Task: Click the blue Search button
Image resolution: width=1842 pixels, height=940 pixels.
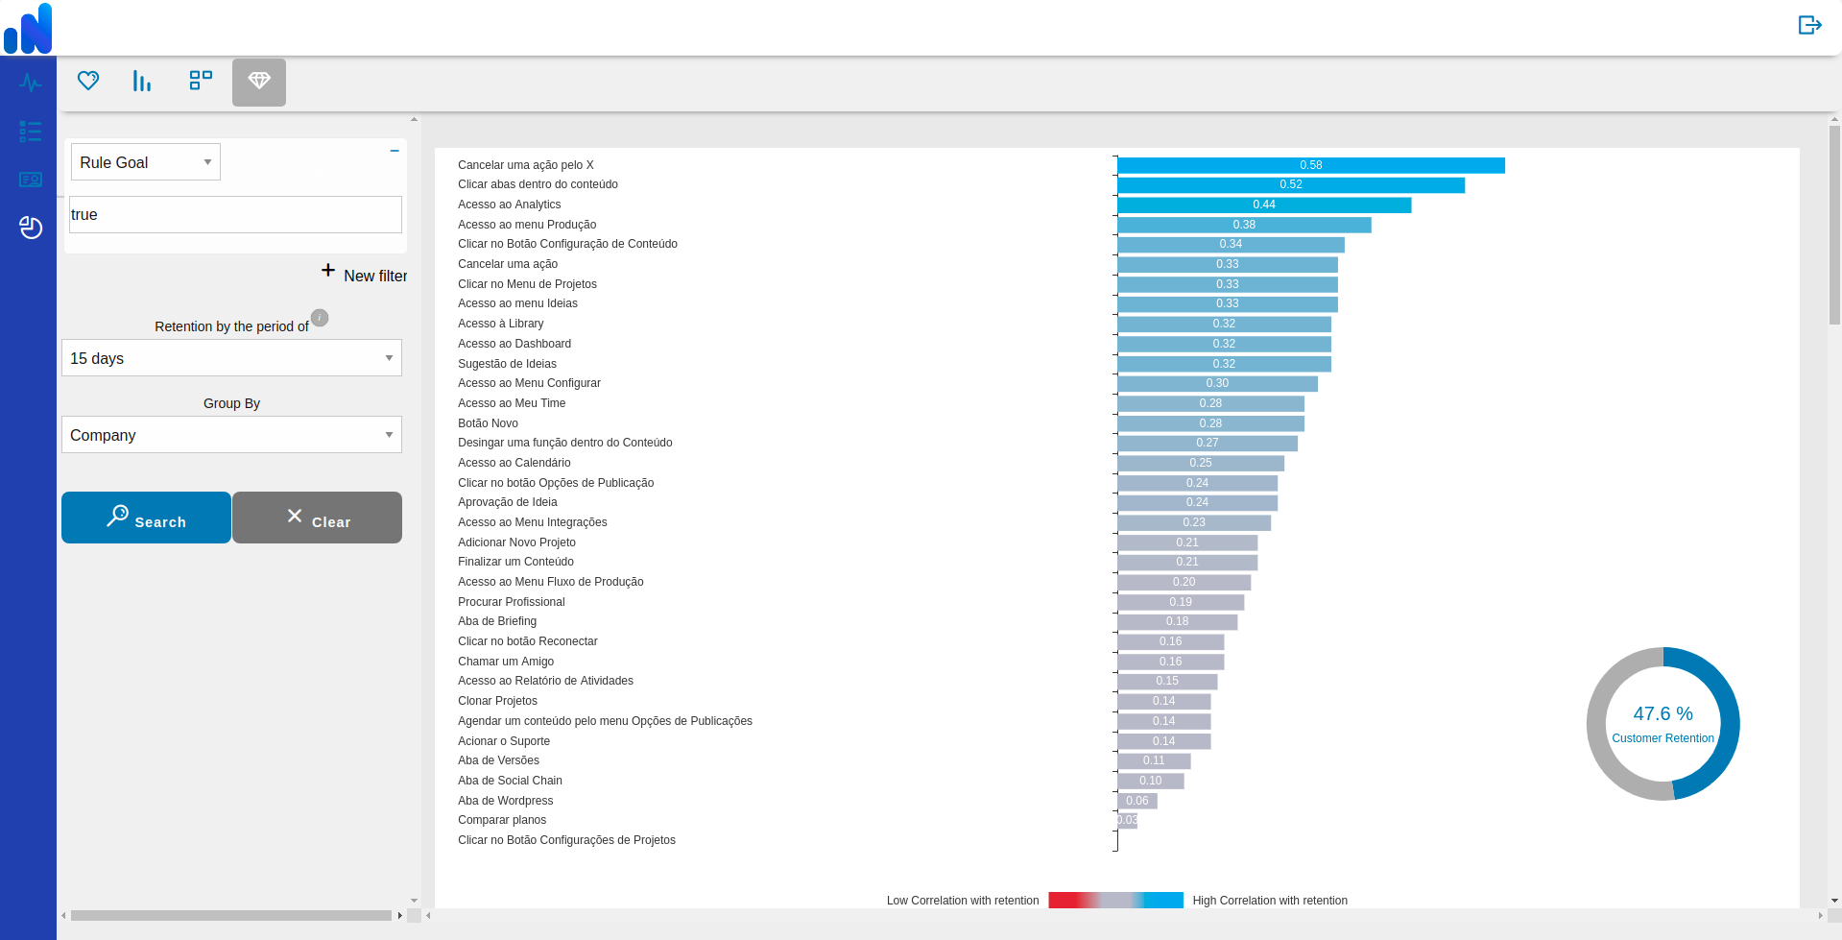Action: pyautogui.click(x=146, y=518)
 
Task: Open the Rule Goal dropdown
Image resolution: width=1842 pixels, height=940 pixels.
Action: pyautogui.click(x=146, y=162)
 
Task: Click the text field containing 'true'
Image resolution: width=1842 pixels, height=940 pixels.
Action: pyautogui.click(x=235, y=215)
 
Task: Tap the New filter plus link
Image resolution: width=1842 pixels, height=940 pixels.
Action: pyautogui.click(x=364, y=275)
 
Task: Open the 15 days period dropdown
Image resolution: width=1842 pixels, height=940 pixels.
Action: pyautogui.click(x=231, y=358)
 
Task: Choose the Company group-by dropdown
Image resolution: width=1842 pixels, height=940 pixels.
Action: pyautogui.click(x=231, y=435)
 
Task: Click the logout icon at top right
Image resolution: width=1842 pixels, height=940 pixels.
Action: pyautogui.click(x=1809, y=25)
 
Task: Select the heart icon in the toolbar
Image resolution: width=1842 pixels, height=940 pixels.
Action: pyautogui.click(x=88, y=81)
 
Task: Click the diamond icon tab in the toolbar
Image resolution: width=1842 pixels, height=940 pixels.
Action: pyautogui.click(x=259, y=82)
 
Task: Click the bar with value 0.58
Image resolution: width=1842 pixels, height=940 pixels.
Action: pyautogui.click(x=1311, y=165)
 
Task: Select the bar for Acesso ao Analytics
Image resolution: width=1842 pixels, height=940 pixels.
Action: pyautogui.click(x=1264, y=205)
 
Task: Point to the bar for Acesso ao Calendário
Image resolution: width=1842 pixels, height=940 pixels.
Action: pyautogui.click(x=1201, y=463)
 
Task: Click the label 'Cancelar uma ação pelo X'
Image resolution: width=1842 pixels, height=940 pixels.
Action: pyautogui.click(x=526, y=165)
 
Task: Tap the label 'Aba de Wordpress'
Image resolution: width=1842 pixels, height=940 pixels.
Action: pyautogui.click(x=506, y=801)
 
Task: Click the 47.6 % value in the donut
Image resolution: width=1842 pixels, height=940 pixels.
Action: pyautogui.click(x=1663, y=713)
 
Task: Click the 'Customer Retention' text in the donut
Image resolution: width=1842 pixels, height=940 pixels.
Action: pyautogui.click(x=1663, y=738)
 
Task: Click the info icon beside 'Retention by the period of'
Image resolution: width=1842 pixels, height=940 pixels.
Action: pyautogui.click(x=320, y=318)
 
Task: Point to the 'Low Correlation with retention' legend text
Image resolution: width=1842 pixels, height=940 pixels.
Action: pyautogui.click(x=963, y=901)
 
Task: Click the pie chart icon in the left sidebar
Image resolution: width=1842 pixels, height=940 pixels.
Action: pyautogui.click(x=31, y=228)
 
